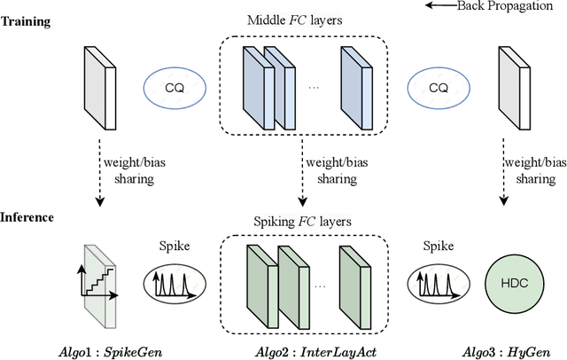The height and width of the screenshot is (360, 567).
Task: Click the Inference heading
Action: [27, 216]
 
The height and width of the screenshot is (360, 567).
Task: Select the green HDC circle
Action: [513, 282]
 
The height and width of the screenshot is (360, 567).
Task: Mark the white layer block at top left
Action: [96, 86]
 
